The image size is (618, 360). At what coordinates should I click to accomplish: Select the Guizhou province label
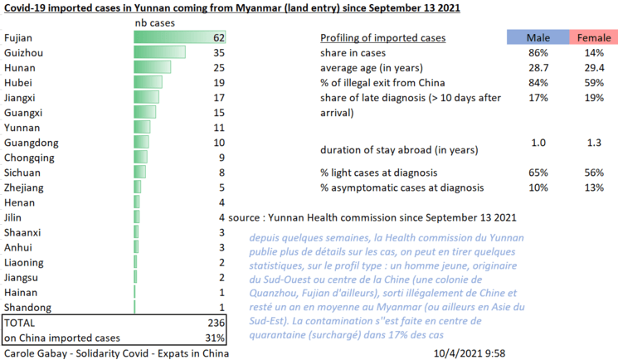click(24, 53)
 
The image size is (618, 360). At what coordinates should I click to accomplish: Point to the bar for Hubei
click(148, 83)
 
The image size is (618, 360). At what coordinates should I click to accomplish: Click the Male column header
click(538, 38)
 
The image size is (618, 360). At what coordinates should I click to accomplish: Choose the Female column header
click(593, 38)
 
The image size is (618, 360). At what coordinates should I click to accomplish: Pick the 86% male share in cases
click(538, 53)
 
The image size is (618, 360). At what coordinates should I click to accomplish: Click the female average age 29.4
click(593, 68)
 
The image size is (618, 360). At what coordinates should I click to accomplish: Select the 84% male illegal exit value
click(538, 83)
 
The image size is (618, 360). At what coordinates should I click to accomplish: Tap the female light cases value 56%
click(593, 173)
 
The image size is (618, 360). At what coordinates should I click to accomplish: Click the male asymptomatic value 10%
click(538, 187)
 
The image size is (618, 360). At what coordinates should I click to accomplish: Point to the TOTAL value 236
click(215, 322)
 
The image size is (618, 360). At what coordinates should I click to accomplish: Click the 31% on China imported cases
click(215, 338)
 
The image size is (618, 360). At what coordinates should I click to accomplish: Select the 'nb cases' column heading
click(154, 23)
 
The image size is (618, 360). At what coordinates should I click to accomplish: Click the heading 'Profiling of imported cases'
click(382, 38)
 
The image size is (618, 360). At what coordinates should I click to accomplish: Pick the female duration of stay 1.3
click(593, 144)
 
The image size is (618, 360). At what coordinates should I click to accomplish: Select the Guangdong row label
click(31, 143)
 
